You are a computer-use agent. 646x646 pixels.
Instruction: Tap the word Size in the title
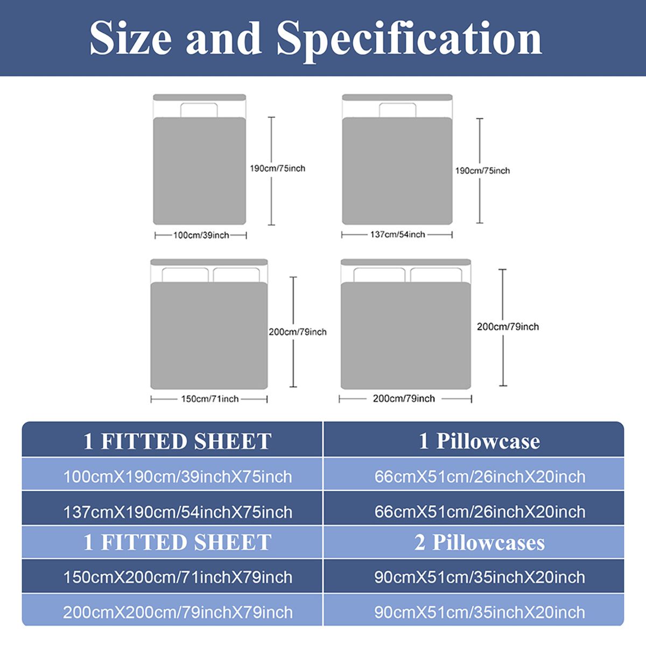[131, 38]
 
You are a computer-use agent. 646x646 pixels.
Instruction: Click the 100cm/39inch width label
[201, 235]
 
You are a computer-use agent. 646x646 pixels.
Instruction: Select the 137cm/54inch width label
[398, 234]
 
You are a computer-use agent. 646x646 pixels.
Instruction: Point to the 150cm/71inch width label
[210, 399]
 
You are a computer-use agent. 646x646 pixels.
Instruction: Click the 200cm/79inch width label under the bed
[404, 398]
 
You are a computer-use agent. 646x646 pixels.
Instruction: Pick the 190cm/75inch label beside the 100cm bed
[278, 168]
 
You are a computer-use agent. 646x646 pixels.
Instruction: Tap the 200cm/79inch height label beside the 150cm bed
[298, 332]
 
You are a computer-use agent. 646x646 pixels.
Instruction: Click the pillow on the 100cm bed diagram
[199, 110]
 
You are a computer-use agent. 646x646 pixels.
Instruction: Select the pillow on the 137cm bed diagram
[398, 110]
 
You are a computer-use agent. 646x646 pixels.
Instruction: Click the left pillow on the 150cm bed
[185, 275]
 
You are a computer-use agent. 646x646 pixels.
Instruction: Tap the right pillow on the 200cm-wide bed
[436, 275]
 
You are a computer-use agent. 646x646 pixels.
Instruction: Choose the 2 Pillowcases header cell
[474, 543]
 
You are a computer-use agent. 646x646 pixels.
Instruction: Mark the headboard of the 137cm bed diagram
[397, 97]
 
